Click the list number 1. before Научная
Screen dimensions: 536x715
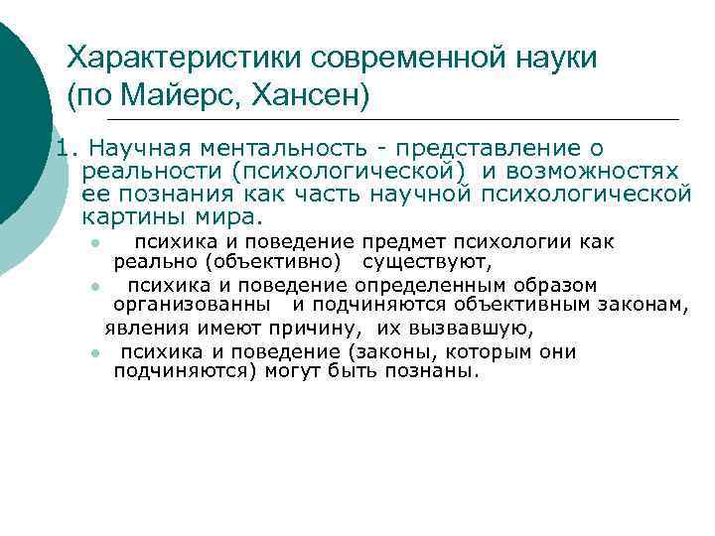pyautogui.click(x=66, y=149)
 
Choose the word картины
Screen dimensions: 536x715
pyautogui.click(x=124, y=215)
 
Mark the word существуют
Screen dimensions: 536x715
pyautogui.click(x=427, y=262)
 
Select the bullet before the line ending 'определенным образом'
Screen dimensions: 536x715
pyautogui.click(x=91, y=287)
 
